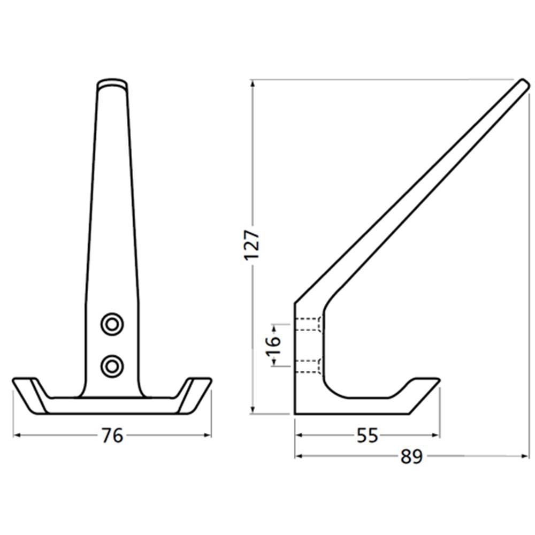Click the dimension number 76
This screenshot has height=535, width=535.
(x=112, y=435)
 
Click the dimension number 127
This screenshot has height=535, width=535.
(x=252, y=246)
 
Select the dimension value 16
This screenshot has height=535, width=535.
(x=273, y=342)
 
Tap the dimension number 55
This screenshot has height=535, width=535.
(x=367, y=436)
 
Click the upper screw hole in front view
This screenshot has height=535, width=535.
(x=112, y=324)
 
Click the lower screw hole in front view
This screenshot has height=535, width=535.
(x=112, y=366)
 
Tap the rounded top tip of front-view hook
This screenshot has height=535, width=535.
(x=112, y=84)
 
